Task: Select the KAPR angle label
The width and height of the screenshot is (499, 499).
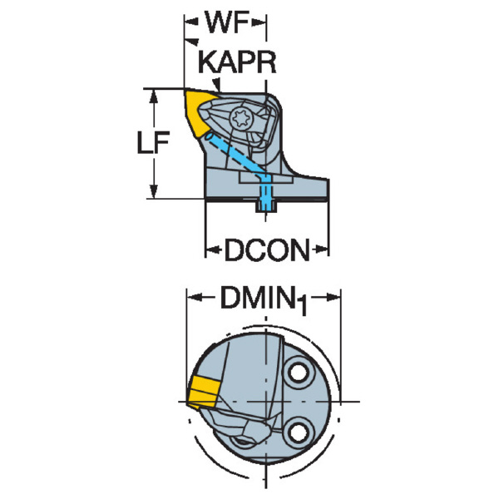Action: (237, 62)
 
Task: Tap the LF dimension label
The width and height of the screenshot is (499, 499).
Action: (152, 142)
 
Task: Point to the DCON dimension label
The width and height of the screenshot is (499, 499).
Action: (267, 250)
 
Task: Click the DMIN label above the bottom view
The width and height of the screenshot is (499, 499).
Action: (256, 298)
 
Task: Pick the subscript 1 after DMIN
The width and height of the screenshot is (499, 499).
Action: (302, 306)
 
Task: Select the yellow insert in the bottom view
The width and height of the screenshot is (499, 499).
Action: (203, 392)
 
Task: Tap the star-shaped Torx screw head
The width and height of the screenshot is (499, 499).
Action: (241, 118)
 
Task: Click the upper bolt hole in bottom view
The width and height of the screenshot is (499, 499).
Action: (299, 373)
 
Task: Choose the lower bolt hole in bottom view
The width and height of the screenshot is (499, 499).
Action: (299, 432)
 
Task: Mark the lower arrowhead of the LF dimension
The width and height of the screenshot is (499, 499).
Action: (154, 192)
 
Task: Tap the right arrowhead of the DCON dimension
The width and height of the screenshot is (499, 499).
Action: (320, 249)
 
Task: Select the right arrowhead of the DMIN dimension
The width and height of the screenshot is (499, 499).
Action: (333, 298)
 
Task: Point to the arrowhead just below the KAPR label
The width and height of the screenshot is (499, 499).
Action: (217, 85)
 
